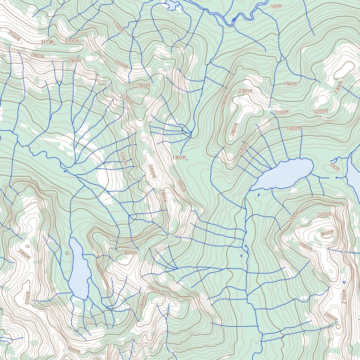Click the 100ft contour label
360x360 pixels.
(x=276, y=7)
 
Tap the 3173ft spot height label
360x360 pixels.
(x=47, y=42)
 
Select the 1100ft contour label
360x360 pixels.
(x=118, y=27)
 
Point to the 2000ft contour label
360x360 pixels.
(x=121, y=64)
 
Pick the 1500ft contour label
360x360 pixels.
(x=290, y=83)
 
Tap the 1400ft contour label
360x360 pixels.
(x=293, y=128)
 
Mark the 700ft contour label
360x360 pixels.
(x=334, y=166)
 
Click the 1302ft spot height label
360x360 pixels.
(x=179, y=157)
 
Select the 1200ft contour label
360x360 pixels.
(x=123, y=158)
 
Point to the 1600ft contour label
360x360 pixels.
(x=181, y=186)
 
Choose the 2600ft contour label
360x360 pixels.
(x=153, y=288)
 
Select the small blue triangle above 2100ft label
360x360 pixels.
(x=344, y=282)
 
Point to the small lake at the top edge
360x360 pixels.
(x=171, y=5)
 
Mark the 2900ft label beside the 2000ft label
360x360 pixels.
(x=143, y=86)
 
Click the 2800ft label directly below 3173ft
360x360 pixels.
(x=37, y=56)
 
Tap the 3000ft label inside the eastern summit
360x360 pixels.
(x=327, y=233)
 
